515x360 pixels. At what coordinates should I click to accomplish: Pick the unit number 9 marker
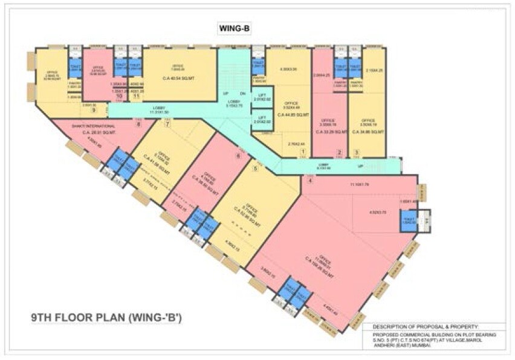[94, 110]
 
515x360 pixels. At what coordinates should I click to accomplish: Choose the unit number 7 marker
[168, 124]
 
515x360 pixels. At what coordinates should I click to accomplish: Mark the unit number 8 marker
[138, 124]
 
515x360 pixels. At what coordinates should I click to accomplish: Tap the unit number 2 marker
[340, 152]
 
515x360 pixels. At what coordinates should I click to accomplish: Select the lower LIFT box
[262, 120]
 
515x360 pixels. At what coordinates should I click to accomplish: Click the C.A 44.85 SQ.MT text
[293, 114]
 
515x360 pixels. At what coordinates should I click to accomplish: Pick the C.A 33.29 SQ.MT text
[330, 132]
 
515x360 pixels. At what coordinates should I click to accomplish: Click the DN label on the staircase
[242, 94]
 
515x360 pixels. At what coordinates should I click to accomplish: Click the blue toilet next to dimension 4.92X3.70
[407, 221]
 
